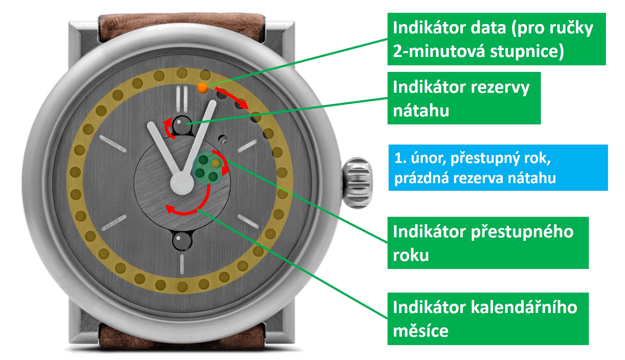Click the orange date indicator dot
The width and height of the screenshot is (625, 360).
click(202, 88)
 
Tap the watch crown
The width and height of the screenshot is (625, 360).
click(357, 182)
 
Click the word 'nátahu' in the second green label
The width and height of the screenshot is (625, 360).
click(421, 111)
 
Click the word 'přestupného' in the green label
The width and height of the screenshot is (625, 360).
click(522, 232)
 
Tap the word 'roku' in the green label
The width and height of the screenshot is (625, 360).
click(411, 255)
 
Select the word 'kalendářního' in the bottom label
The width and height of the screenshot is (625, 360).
click(524, 308)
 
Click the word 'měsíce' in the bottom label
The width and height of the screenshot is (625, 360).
click(421, 331)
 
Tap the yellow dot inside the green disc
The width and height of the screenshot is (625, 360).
click(217, 163)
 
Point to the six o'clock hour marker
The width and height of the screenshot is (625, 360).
click(181, 264)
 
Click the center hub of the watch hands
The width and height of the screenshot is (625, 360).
click(181, 183)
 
